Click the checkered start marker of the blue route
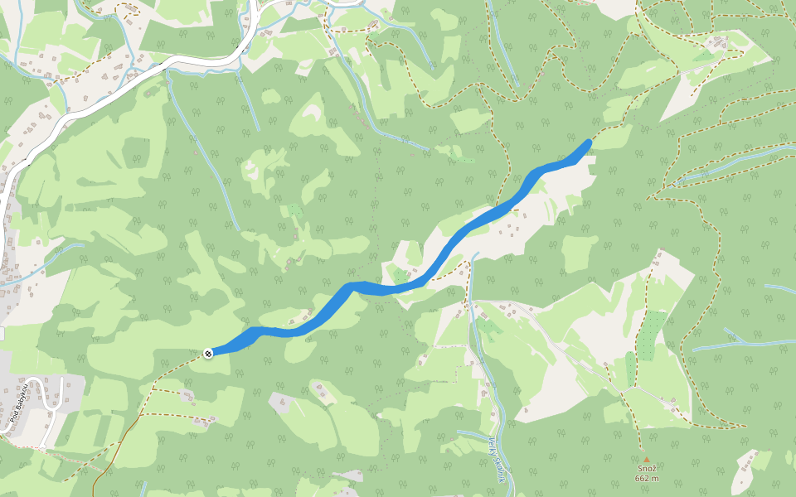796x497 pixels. [208, 353]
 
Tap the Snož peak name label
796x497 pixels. [647, 469]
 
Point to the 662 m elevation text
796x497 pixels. [647, 478]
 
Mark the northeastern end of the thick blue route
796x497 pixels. [589, 142]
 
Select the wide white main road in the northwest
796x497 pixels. [166, 66]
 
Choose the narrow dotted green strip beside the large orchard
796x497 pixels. [630, 369]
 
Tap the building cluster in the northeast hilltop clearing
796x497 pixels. [713, 46]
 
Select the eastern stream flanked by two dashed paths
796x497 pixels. [730, 162]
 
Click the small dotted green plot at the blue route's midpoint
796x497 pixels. [400, 276]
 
